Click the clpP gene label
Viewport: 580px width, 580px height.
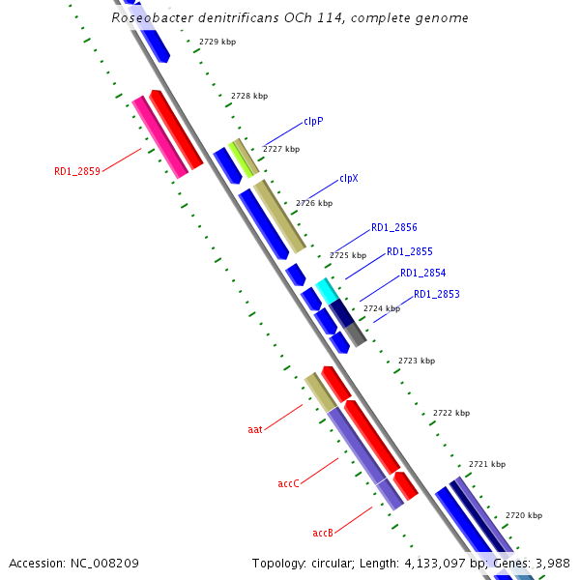pyautogui.click(x=313, y=121)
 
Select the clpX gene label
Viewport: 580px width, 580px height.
pyautogui.click(x=349, y=179)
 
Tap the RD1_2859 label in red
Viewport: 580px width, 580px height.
pyautogui.click(x=77, y=172)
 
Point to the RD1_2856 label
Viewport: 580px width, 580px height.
pyautogui.click(x=394, y=228)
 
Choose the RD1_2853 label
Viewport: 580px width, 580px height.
pyautogui.click(x=437, y=294)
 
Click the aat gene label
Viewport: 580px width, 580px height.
pyautogui.click(x=255, y=428)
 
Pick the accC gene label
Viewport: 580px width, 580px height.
pyautogui.click(x=289, y=482)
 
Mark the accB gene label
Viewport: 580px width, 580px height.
pyautogui.click(x=323, y=533)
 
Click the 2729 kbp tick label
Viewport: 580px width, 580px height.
pyautogui.click(x=217, y=43)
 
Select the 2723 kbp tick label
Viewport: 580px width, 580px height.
pyautogui.click(x=417, y=361)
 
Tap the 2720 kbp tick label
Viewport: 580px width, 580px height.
pyautogui.click(x=524, y=515)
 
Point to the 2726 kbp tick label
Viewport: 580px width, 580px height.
pyautogui.click(x=314, y=204)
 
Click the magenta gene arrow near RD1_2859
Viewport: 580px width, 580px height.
pyautogui.click(x=159, y=136)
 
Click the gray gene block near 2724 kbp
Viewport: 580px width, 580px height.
pyautogui.click(x=355, y=334)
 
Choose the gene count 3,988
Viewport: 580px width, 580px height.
pyautogui.click(x=552, y=563)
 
